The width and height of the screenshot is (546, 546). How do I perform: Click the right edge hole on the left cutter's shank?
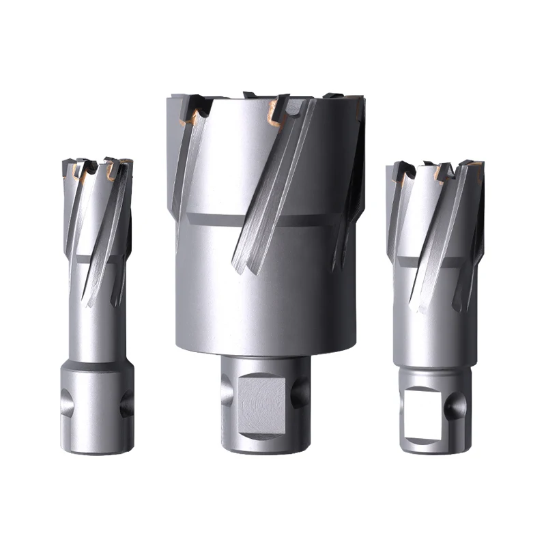click(x=126, y=405)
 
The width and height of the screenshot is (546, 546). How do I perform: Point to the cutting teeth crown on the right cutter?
click(x=437, y=171)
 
